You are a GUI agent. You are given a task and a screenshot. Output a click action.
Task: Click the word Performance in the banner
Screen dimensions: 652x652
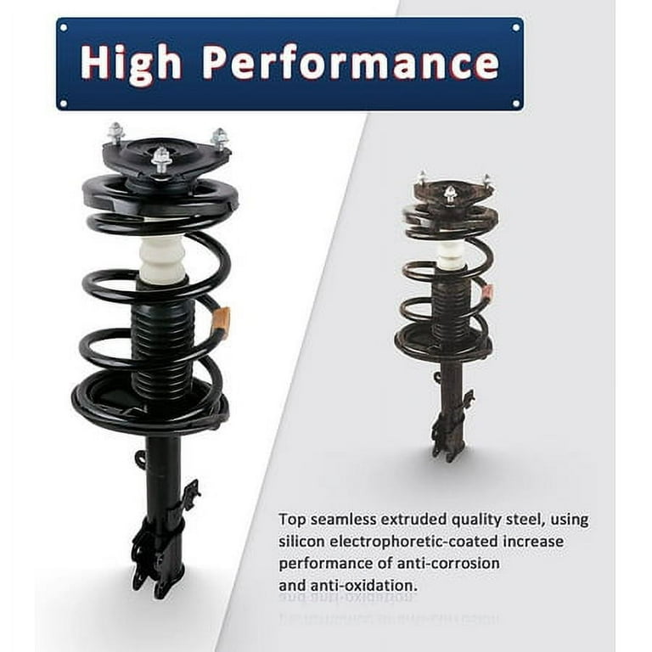[351, 63]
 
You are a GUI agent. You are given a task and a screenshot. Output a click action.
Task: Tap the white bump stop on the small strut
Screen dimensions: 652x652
[451, 253]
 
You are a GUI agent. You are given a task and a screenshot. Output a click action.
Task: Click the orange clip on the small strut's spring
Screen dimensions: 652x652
[487, 295]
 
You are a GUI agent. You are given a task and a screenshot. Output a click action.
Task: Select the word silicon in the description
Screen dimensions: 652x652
[301, 541]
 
